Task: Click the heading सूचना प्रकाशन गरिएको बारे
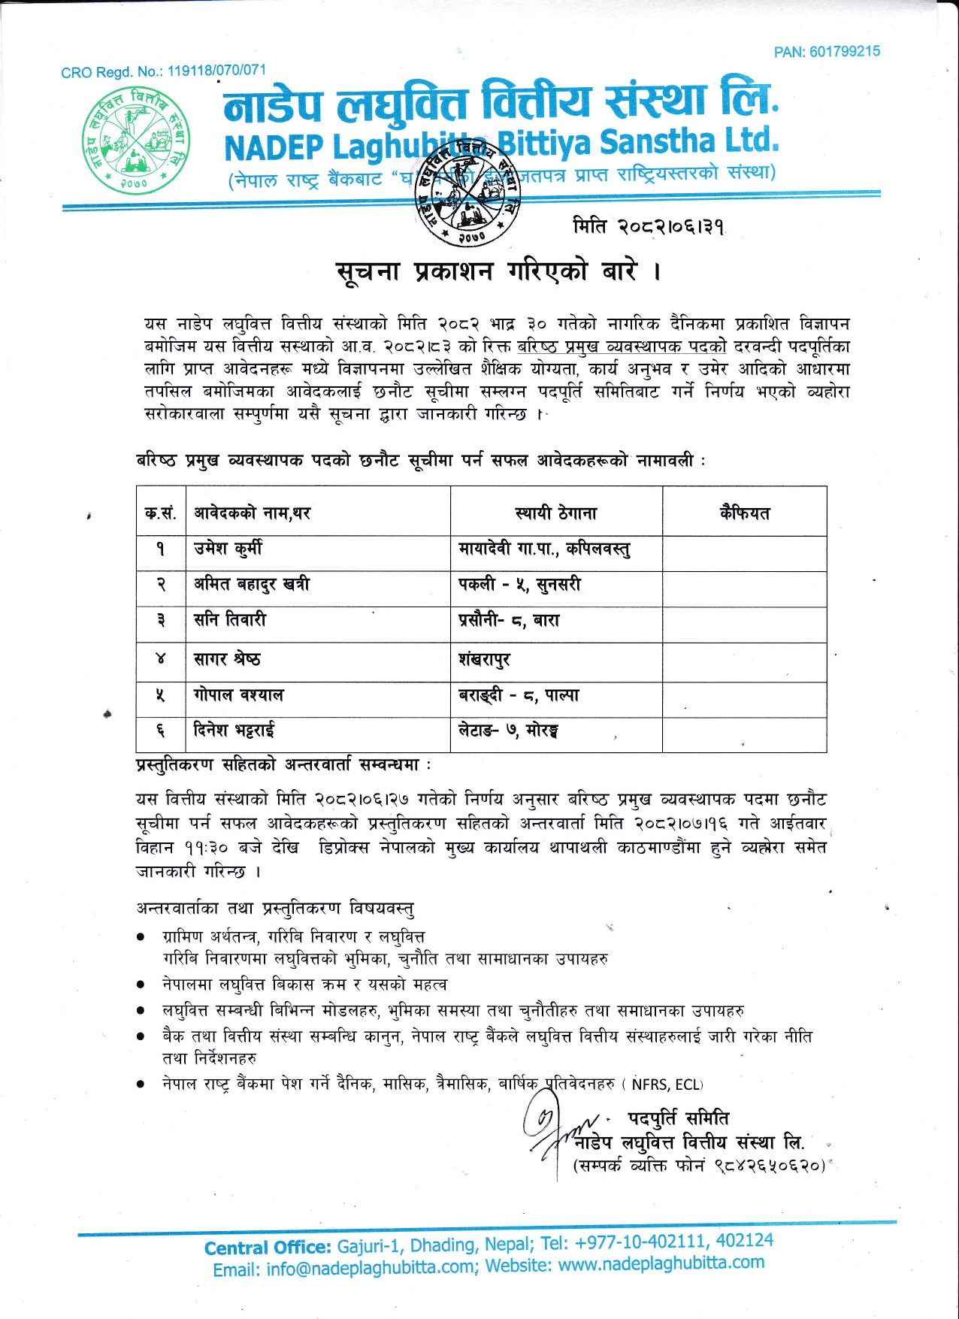point(498,271)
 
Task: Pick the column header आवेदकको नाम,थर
point(253,513)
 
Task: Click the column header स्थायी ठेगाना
point(556,513)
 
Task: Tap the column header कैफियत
point(744,513)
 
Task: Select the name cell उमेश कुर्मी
point(228,549)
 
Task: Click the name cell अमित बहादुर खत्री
point(252,584)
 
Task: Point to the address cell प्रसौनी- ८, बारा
point(509,621)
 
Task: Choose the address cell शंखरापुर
point(484,660)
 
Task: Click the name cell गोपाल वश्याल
point(238,695)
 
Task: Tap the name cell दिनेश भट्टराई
point(234,730)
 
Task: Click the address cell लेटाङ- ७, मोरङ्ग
point(508,730)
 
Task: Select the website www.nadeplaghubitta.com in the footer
point(661,1263)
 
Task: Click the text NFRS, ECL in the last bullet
point(666,1085)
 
